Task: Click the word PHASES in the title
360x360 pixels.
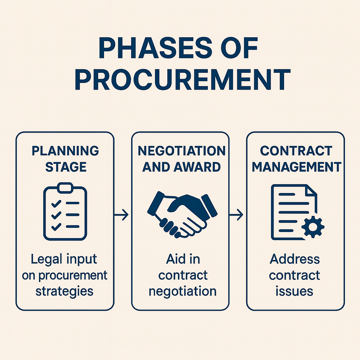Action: tap(155, 48)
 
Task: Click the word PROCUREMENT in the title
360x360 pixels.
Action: tap(183, 80)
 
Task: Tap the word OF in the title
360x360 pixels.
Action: tap(241, 48)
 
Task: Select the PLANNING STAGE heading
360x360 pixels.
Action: tap(65, 159)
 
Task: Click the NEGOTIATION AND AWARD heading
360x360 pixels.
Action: tap(181, 159)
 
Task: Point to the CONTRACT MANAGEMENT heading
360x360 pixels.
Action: tap(296, 159)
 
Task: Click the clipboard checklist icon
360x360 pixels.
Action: tap(65, 211)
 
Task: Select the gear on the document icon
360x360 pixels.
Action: tap(313, 227)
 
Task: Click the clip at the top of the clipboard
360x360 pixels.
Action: tap(65, 187)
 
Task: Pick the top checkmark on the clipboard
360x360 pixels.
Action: tap(56, 204)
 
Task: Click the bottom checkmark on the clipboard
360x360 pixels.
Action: tap(56, 227)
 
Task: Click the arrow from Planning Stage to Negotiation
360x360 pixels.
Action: tap(121, 215)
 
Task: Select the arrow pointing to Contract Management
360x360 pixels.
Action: tap(236, 215)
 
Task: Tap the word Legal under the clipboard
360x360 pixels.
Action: tap(47, 259)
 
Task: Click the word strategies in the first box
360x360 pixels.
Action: tap(65, 291)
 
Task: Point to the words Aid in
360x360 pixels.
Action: tap(183, 259)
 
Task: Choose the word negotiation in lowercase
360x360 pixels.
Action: tap(182, 291)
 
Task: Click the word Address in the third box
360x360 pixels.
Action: tap(295, 259)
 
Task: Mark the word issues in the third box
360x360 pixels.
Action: tap(294, 291)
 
